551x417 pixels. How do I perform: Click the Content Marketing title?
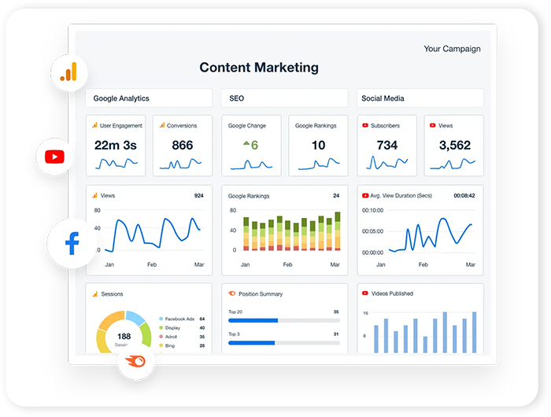[x=259, y=68]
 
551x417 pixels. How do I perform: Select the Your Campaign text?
[x=452, y=49]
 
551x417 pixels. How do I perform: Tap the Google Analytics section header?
[x=121, y=98]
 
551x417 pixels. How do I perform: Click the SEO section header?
[x=236, y=98]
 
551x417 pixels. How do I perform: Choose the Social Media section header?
[x=383, y=98]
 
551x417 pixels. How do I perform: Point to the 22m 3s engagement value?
[x=116, y=145]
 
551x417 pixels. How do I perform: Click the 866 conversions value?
[x=182, y=145]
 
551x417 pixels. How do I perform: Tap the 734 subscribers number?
[x=386, y=145]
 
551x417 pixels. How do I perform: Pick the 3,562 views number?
[x=454, y=145]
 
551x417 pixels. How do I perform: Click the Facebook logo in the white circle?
[x=72, y=243]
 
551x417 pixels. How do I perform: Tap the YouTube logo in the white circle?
[x=54, y=156]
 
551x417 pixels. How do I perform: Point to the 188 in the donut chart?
[x=124, y=336]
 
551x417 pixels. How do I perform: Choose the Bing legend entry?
[x=169, y=345]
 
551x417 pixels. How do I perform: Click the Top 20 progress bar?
[x=283, y=320]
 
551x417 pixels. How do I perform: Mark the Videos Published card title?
[x=391, y=293]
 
